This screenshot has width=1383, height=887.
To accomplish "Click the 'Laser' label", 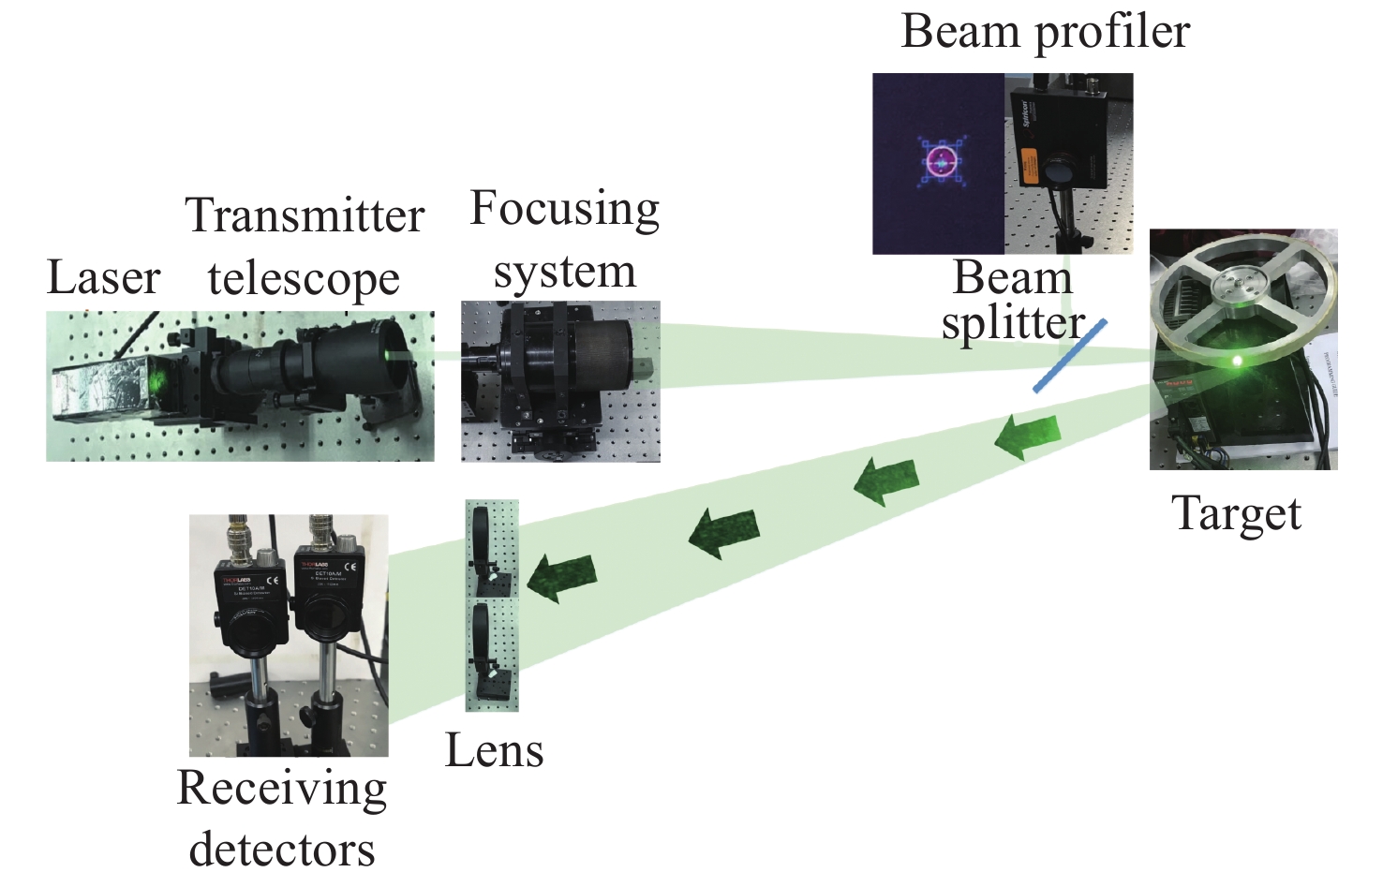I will pos(103,277).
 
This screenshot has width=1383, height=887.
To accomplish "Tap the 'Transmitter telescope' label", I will pos(305,246).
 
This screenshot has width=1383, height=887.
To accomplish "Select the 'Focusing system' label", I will pos(564,239).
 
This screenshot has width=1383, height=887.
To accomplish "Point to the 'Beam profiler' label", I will pos(1045,31).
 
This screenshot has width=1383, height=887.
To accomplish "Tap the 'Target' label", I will pos(1236,513).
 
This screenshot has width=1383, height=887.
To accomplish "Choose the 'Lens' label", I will pos(494,750).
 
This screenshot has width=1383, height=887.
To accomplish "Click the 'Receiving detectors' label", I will pos(281,817).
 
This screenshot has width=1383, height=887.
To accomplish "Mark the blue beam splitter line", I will pos(1070,356).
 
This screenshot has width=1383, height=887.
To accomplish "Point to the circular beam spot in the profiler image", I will pos(940,161).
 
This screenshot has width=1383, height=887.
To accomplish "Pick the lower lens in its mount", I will pos(484,646).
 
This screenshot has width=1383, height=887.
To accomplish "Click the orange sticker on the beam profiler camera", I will pos(1029,164).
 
